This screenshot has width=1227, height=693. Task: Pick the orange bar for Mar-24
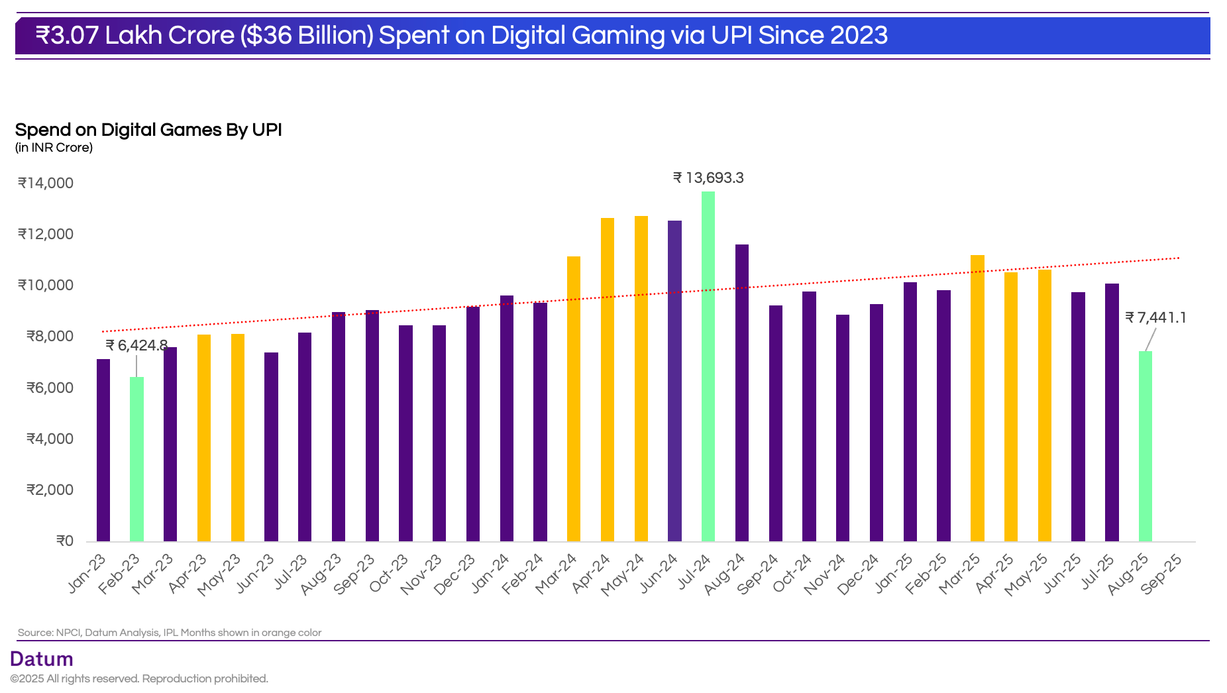coord(574,399)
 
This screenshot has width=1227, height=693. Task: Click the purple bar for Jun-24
coord(674,381)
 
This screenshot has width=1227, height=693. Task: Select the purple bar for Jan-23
coord(103,450)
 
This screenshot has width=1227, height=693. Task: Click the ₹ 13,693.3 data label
coord(708,178)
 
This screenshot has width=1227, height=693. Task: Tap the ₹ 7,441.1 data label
coord(1155,317)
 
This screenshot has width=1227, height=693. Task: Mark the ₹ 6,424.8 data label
coord(136,345)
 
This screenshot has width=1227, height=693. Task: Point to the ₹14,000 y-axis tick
coord(46,183)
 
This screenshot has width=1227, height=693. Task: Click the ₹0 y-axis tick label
coord(65,541)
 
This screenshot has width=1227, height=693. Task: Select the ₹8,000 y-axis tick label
coord(50,336)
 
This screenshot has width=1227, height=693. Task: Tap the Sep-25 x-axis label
coord(1162,574)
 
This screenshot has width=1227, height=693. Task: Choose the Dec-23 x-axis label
coord(455,574)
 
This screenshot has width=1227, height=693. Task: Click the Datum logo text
coord(42,659)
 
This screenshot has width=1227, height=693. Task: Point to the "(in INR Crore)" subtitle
coord(54,147)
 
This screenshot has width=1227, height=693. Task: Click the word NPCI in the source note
coord(68,633)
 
